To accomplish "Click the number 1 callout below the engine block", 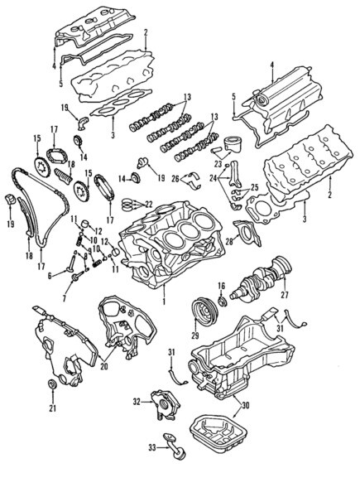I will pyautogui.click(x=165, y=302).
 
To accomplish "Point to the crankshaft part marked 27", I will pyautogui.click(x=261, y=286).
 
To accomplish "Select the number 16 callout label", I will pyautogui.click(x=222, y=286).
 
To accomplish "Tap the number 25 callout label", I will pyautogui.click(x=255, y=189).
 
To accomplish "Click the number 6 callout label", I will pyautogui.click(x=49, y=276).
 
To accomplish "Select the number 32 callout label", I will pyautogui.click(x=137, y=401).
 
